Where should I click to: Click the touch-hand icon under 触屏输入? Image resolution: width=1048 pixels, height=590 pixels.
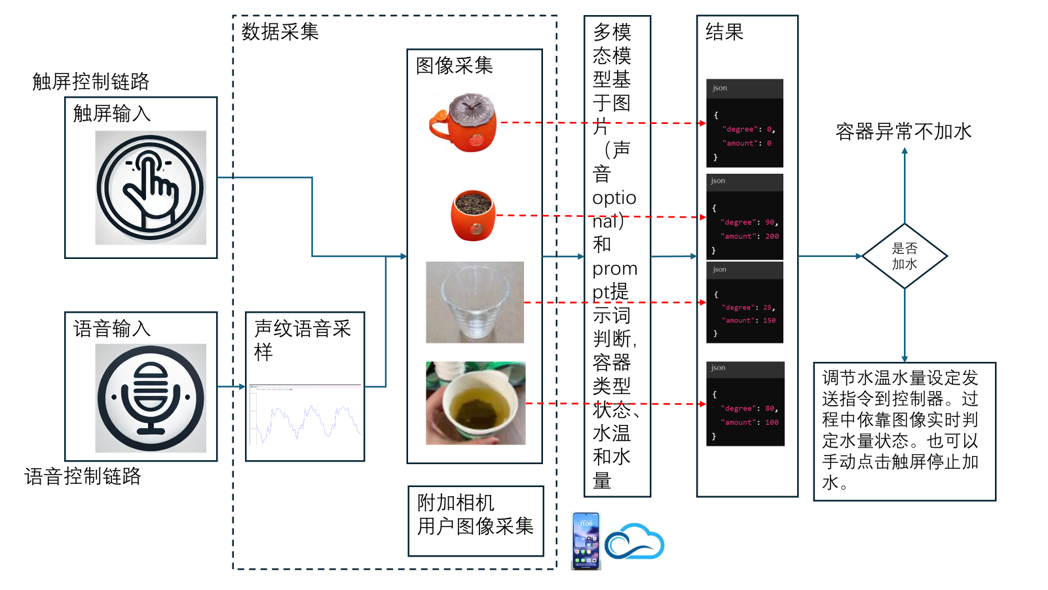[151, 187]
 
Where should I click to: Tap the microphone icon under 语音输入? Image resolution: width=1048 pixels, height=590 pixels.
[151, 398]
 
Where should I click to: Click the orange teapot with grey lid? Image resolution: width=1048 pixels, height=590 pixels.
[464, 123]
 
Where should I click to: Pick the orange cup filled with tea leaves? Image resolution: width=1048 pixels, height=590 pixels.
[473, 215]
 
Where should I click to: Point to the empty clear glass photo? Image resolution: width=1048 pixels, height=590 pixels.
[475, 302]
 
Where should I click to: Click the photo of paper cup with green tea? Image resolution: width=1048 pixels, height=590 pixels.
[476, 403]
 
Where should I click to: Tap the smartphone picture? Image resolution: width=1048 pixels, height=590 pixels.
[586, 541]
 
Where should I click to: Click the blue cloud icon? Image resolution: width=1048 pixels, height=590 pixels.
[634, 541]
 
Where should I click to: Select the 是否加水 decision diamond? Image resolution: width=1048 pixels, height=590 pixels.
[905, 256]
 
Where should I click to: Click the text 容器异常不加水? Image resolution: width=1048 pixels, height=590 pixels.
[903, 132]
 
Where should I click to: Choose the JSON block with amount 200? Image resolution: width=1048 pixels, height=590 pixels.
[745, 216]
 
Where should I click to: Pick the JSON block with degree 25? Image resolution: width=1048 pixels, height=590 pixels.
[745, 302]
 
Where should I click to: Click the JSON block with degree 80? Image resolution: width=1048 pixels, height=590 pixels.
[745, 404]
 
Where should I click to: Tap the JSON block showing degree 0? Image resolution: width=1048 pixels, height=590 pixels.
[745, 123]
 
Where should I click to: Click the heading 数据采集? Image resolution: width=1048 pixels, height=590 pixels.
[280, 31]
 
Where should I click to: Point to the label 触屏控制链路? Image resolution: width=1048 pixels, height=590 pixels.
[91, 81]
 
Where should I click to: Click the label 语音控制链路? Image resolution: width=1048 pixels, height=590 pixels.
[83, 476]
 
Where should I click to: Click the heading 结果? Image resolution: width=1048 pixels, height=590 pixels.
[724, 31]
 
